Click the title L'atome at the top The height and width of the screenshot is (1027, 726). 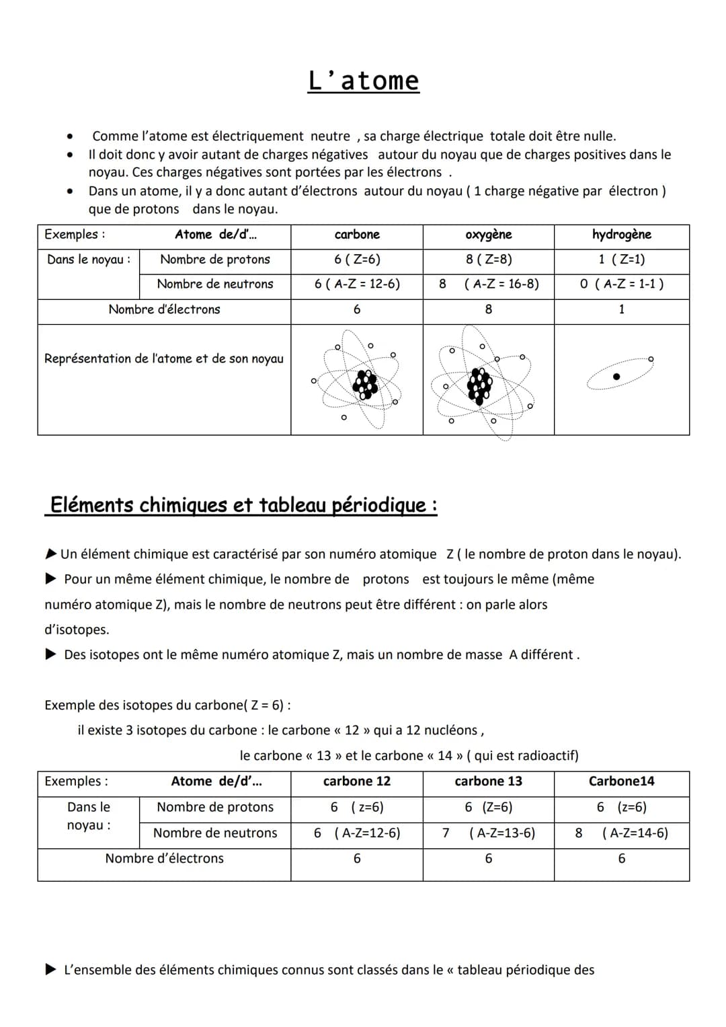tap(363, 81)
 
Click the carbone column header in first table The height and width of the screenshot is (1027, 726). tap(357, 235)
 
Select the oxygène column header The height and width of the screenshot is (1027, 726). tap(489, 235)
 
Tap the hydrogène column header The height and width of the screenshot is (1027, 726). tap(621, 235)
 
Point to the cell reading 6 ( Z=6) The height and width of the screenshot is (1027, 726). tap(357, 260)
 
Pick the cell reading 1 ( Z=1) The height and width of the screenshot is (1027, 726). tap(621, 260)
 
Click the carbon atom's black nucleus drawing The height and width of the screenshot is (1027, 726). tap(365, 384)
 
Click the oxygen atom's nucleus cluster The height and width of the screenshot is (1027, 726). tap(479, 385)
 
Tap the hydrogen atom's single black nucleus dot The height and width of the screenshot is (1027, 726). tap(616, 377)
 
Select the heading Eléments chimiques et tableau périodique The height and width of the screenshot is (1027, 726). tap(243, 505)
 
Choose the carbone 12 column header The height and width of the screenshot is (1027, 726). tap(357, 782)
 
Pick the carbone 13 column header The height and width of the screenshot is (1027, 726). tap(489, 782)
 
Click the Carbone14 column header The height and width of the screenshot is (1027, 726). tap(621, 782)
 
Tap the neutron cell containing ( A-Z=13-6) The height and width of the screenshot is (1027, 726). tap(502, 833)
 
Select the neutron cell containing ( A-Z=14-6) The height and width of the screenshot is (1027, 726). tap(635, 833)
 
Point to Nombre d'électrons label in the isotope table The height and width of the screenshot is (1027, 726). tap(164, 859)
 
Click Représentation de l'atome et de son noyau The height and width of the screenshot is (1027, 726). tap(164, 359)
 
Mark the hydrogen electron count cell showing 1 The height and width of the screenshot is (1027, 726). tap(621, 309)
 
